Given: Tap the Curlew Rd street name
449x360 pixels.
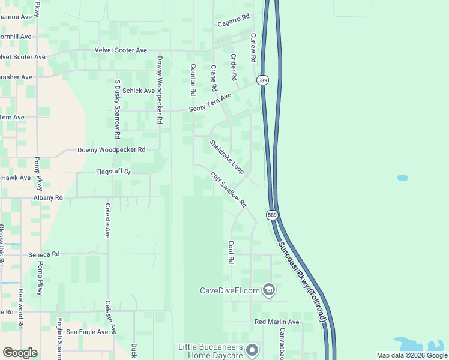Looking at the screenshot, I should tap(254, 44).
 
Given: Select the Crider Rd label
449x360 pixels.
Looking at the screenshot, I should tap(234, 67).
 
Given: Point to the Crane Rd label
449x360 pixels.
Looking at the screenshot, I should tap(213, 78).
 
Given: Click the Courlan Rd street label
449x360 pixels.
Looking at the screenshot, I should tap(193, 80).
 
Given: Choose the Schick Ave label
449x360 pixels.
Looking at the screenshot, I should tap(139, 91).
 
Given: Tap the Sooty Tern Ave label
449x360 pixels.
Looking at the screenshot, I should tap(210, 102).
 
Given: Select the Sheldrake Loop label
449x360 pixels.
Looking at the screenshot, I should tap(226, 157).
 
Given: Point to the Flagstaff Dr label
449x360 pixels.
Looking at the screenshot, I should tap(113, 172).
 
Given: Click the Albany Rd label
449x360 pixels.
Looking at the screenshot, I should tap(48, 197).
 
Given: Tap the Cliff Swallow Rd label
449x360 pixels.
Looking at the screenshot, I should tap(228, 190).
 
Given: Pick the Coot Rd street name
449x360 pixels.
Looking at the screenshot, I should tap(231, 253).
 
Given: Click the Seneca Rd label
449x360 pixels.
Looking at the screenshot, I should tap(44, 254).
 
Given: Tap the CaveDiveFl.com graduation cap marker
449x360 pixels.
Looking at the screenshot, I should tap(269, 290).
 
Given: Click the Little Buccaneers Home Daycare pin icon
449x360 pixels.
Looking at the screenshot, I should tap(253, 349).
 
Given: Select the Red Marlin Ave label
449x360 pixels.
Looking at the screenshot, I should tap(277, 322).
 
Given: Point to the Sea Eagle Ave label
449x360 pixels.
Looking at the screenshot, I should tap(87, 332).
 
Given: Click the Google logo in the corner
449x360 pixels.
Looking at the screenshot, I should tap(20, 353).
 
